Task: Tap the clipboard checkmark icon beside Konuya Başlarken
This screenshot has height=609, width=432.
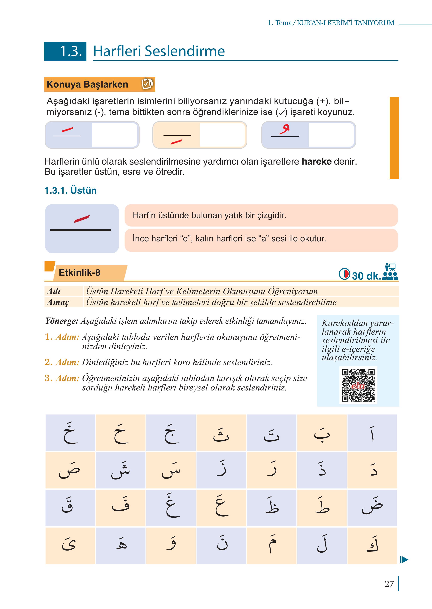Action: pos(147,84)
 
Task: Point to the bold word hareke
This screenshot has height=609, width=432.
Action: pos(316,161)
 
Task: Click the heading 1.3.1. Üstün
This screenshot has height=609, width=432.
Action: pos(70,190)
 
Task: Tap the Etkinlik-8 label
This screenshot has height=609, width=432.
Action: pos(79,273)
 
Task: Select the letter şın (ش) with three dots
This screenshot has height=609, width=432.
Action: pos(121,470)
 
